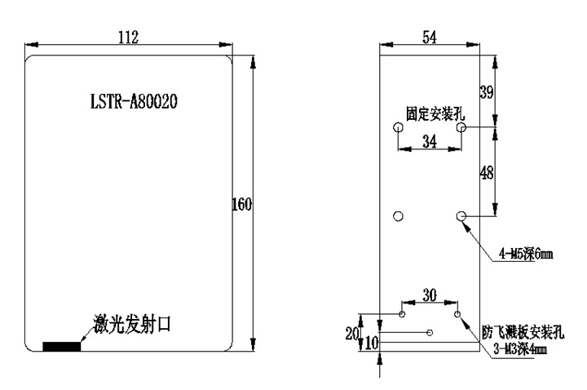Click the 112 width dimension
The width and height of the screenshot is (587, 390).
[x=128, y=37]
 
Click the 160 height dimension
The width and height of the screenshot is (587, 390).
[x=241, y=204]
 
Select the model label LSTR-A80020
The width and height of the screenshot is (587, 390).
[x=135, y=103]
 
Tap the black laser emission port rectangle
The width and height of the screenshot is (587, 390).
[x=62, y=347]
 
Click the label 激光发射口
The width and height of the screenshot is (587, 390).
[x=131, y=325]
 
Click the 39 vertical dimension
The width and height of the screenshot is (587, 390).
[x=486, y=92]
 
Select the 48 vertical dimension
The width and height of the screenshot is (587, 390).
[x=486, y=172]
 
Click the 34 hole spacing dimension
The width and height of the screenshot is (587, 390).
[x=429, y=142]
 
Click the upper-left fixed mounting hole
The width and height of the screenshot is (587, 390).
[x=398, y=128]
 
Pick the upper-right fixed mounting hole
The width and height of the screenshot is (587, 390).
[x=461, y=128]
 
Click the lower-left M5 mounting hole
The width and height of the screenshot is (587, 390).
[x=399, y=215]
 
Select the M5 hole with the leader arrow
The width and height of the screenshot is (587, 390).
[x=461, y=215]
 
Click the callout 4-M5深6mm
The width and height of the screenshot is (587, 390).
[x=526, y=255]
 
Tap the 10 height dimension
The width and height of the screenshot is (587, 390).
[x=372, y=344]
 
